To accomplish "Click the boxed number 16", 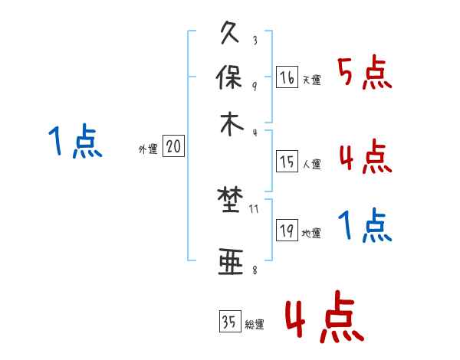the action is (287, 77).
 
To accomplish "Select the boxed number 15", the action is (287, 162).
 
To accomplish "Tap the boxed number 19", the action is (287, 231).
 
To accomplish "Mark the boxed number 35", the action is (229, 322).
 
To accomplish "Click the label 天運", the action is (311, 80).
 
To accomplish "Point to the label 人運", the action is (311, 164).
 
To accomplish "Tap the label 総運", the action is (254, 324).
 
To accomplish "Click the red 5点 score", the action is (364, 74).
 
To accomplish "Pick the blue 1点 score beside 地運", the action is (364, 225).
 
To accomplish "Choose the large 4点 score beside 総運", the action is (324, 316).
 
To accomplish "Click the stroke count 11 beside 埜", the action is (254, 208).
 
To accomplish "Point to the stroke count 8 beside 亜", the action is (254, 270).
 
